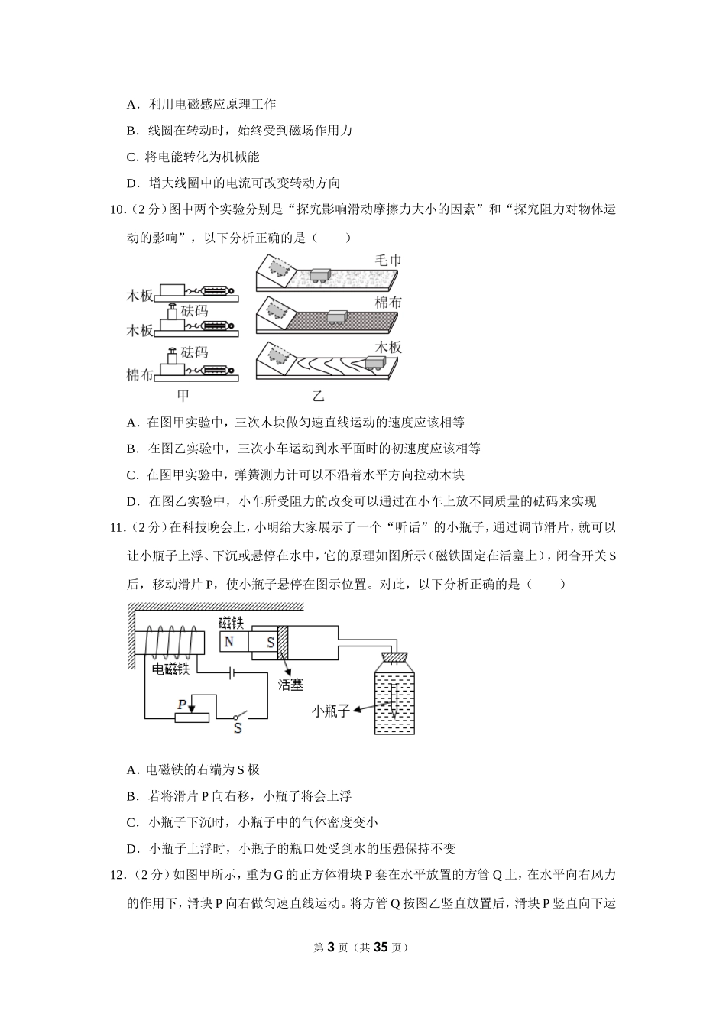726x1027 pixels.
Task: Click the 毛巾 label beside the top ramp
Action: [387, 261]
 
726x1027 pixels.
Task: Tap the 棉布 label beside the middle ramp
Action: [387, 303]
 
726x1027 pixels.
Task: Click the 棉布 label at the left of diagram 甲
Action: [139, 375]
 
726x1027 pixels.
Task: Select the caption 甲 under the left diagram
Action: [183, 396]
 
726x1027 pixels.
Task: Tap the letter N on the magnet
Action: [229, 642]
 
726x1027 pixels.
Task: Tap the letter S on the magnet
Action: [270, 643]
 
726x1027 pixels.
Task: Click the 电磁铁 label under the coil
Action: [170, 669]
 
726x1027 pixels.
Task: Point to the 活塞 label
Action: [290, 685]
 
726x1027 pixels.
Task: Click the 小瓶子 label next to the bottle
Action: [331, 711]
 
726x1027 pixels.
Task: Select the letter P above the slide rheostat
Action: [181, 704]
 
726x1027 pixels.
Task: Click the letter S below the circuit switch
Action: [238, 728]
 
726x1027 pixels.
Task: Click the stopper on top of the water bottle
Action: [395, 656]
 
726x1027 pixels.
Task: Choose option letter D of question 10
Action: [132, 502]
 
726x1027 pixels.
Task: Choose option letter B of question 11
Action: [131, 796]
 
